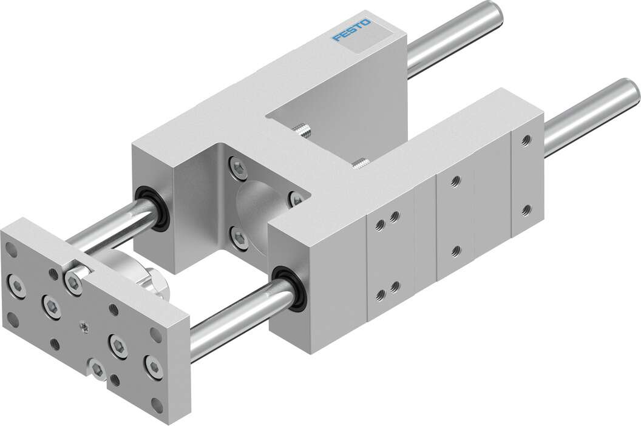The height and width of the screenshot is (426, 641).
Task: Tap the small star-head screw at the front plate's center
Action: tap(83, 328)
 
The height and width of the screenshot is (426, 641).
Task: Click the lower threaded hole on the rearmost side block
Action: tap(526, 210)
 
